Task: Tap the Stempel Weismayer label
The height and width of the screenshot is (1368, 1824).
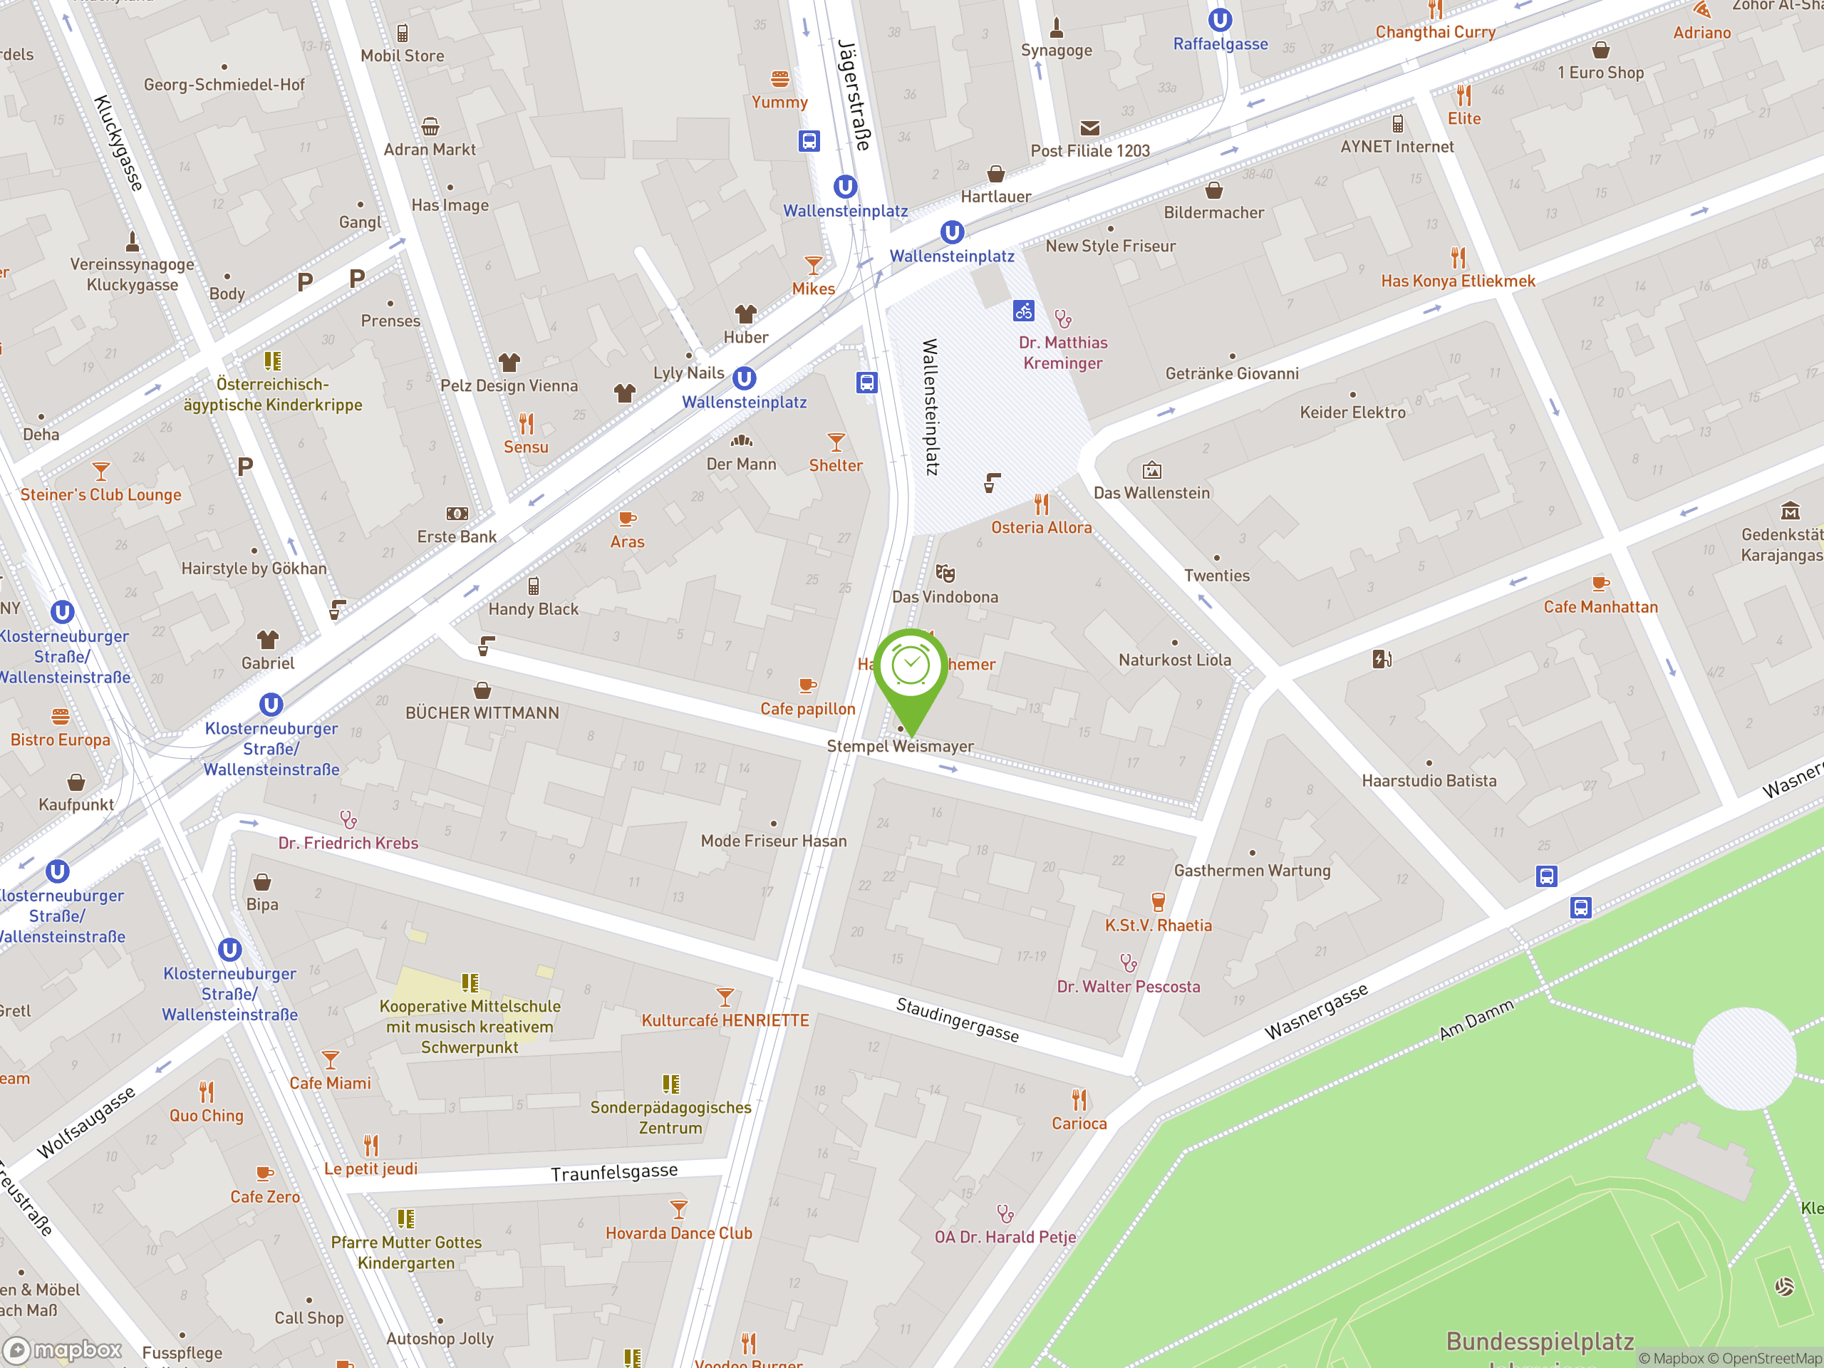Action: click(900, 746)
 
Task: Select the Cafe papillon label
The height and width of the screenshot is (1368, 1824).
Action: click(807, 708)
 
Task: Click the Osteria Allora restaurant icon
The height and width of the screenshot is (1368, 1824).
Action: click(1042, 504)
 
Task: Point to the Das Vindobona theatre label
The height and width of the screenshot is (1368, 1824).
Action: click(945, 597)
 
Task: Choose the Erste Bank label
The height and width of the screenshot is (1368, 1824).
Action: click(457, 537)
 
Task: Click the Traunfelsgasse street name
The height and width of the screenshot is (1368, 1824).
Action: click(614, 1173)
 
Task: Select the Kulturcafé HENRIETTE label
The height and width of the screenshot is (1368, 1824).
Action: click(725, 1020)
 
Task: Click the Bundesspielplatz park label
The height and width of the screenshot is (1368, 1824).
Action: click(1540, 1342)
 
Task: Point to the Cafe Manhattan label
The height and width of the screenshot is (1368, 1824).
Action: click(1600, 607)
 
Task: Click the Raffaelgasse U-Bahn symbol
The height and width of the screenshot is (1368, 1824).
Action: click(1220, 19)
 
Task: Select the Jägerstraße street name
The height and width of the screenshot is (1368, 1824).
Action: click(854, 95)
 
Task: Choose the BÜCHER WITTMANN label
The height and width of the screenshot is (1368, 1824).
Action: click(482, 712)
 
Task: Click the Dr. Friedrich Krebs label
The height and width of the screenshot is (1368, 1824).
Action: click(348, 843)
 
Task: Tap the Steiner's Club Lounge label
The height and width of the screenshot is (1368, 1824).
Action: click(100, 494)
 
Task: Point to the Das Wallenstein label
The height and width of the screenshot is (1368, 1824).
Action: click(1151, 493)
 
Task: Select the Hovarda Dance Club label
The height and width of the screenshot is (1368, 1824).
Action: click(678, 1233)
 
